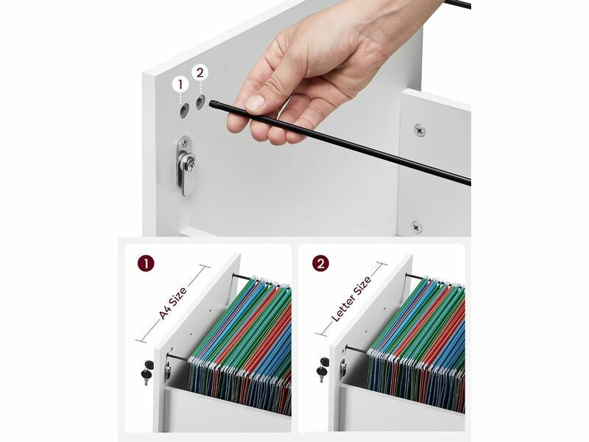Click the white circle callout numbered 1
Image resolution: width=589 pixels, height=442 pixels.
[x=180, y=85]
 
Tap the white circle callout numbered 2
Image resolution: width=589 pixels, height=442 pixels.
[x=200, y=72]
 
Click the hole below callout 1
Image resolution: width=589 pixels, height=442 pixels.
[x=183, y=110]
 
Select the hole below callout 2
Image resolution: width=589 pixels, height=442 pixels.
[x=200, y=102]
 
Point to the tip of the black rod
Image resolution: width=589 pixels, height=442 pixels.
[x=211, y=103]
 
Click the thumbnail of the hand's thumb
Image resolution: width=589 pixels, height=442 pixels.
[x=255, y=102]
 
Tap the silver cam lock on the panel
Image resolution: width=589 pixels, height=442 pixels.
[x=186, y=165]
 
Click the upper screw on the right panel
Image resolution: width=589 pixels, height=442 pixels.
[x=420, y=131]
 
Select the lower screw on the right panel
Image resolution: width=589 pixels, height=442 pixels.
[x=416, y=228]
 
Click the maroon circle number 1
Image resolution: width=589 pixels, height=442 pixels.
[x=146, y=264]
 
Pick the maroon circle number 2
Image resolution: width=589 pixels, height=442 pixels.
[x=320, y=264]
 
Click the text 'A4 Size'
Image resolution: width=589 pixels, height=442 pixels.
[x=173, y=304]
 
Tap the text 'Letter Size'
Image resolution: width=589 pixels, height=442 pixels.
[x=352, y=299]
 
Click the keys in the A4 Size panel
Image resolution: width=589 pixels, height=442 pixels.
[x=147, y=372]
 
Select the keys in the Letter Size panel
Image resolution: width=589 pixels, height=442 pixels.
[x=322, y=369]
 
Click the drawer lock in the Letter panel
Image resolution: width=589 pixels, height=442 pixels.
[x=343, y=367]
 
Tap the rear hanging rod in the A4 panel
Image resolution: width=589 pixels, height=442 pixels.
[x=242, y=277]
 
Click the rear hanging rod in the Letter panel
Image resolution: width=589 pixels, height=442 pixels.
[x=415, y=277]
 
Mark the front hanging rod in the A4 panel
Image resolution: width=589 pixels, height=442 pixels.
[x=177, y=357]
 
